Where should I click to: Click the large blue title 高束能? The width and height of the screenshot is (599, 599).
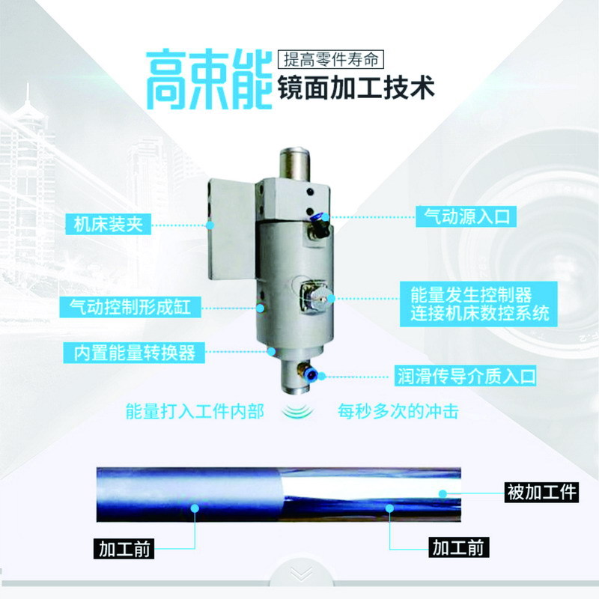point(209,79)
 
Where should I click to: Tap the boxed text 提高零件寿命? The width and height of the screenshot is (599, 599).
point(331,60)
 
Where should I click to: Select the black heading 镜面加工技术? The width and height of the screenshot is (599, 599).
point(356,88)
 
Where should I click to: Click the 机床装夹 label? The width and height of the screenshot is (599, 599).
point(109,224)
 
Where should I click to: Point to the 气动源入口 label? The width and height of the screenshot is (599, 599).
point(466,216)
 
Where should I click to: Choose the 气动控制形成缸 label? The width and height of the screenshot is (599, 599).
point(130,307)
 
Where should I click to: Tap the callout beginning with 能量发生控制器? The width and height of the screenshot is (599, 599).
point(478,304)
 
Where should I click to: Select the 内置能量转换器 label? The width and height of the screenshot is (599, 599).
point(134,352)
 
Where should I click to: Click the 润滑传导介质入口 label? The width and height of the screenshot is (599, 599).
point(466,376)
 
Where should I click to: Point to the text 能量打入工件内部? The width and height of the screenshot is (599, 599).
point(195,411)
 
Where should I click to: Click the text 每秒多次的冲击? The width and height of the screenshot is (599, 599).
point(398,411)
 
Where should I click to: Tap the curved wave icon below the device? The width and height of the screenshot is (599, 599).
point(298,411)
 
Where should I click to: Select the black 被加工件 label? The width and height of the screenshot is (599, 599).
point(541,492)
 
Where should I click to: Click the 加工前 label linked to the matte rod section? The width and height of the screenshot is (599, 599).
point(124,549)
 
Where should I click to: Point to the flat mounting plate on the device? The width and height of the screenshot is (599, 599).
point(232,228)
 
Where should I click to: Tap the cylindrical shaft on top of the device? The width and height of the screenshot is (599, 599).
point(294,163)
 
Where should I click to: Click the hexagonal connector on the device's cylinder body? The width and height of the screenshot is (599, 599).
point(314,297)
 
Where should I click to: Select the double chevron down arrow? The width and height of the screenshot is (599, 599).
point(301,574)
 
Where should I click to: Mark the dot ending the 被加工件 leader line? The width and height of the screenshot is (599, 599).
point(443,493)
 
